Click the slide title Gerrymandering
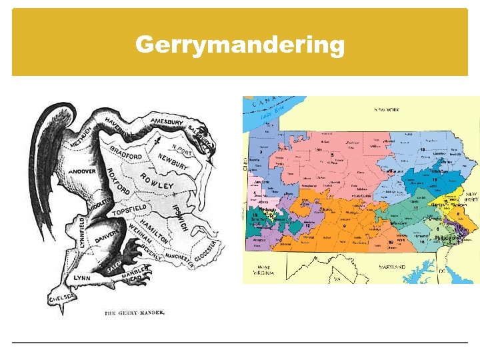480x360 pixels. (240, 45)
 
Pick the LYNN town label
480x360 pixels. (82, 277)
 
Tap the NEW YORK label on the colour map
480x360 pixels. (387, 109)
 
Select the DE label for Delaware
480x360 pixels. (441, 271)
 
